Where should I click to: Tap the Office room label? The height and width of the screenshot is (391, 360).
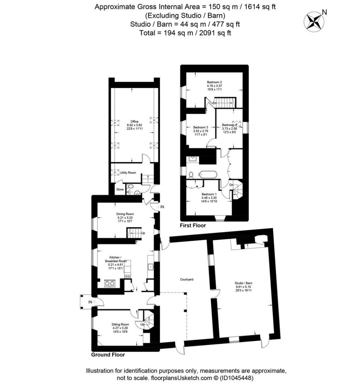pyautogui.click(x=133, y=121)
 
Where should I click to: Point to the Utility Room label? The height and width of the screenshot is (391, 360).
pyautogui.click(x=128, y=173)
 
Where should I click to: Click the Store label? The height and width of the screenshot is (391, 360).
pyautogui.click(x=120, y=190)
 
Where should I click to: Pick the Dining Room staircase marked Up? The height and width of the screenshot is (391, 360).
pyautogui.click(x=134, y=233)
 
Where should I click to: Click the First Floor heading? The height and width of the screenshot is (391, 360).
pyautogui.click(x=193, y=225)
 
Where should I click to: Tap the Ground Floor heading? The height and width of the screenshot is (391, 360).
pyautogui.click(x=108, y=355)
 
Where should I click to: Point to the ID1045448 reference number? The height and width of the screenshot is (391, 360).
pyautogui.click(x=237, y=378)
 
